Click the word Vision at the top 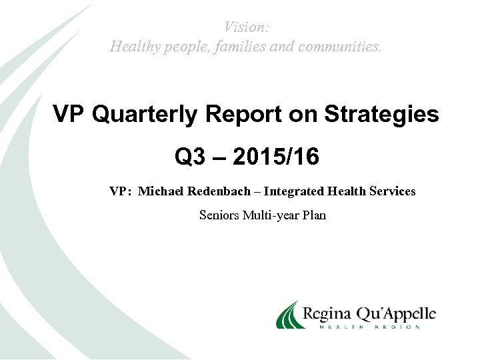pyautogui.click(x=246, y=27)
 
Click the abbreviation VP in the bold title pyautogui.click(x=70, y=115)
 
